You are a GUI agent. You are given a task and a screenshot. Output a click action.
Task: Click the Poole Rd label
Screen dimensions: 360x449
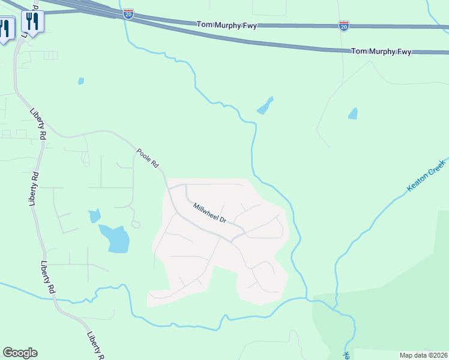(147, 158)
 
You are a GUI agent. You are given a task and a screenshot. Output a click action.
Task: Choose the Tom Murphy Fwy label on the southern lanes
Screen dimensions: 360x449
(381, 52)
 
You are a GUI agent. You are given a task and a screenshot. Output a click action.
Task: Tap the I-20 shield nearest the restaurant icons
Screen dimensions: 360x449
(128, 13)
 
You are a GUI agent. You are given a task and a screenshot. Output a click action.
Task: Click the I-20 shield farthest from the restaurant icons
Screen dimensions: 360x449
(343, 26)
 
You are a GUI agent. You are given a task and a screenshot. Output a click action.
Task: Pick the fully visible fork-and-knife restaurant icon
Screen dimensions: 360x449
(31, 22)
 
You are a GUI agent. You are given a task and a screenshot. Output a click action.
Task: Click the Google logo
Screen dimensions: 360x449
(20, 353)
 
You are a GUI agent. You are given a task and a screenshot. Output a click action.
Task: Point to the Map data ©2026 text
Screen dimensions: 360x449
(423, 355)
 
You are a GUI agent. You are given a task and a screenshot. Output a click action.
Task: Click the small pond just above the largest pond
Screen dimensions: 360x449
(94, 215)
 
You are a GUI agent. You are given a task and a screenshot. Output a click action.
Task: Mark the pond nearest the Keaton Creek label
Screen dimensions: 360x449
(353, 113)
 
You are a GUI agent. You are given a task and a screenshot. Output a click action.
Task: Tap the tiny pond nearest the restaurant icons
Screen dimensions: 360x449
(81, 80)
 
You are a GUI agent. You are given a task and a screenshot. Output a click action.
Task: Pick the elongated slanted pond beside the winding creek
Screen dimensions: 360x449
(265, 106)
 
